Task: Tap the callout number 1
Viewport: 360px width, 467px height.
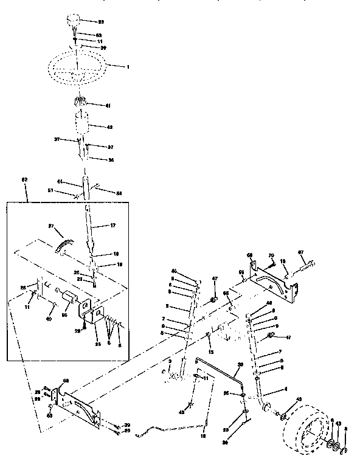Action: click(x=127, y=66)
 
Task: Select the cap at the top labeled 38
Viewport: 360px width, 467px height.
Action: click(x=71, y=22)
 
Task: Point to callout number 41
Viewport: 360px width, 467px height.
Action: click(x=108, y=106)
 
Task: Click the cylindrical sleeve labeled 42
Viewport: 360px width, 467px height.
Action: click(x=83, y=128)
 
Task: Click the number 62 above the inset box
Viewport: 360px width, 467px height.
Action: click(x=25, y=181)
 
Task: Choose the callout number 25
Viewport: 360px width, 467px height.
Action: click(x=99, y=344)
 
